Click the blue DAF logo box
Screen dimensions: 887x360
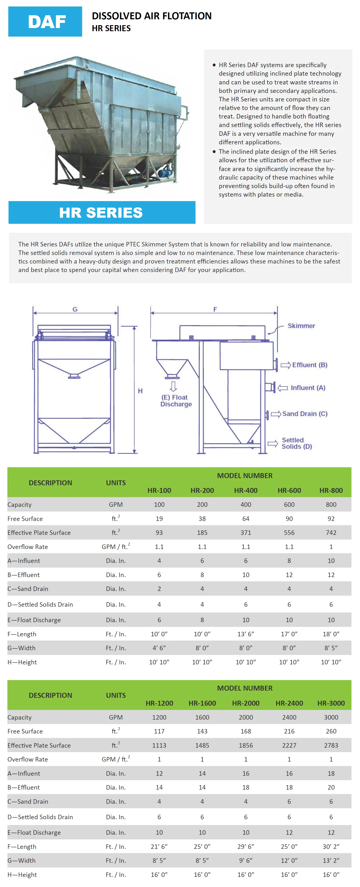pos(45,21)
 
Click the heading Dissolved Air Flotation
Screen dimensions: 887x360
pos(151,16)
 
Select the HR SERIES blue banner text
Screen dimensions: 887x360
pos(101,213)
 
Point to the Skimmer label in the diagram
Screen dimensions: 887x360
pos(301,326)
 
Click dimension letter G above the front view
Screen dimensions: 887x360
pos(75,309)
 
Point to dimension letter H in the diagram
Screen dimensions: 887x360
pos(140,391)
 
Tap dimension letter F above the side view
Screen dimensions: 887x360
pos(215,309)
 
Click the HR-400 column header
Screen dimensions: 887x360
pos(246,490)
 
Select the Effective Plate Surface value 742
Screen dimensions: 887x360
pos(331,533)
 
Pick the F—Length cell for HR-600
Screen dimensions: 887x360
pos(289,634)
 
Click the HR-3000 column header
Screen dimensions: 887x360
pos(331,703)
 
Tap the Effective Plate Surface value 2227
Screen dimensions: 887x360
pos(289,745)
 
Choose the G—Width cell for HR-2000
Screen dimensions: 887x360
pos(246,861)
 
